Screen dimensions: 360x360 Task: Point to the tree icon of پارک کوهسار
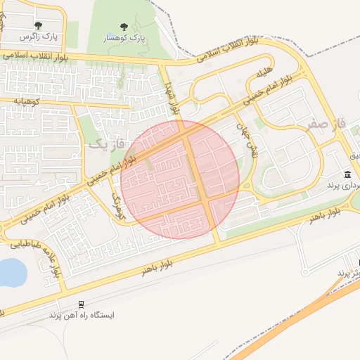pos(124,27)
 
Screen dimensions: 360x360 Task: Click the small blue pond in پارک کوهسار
pos(112,34)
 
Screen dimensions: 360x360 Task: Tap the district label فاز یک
pos(106,143)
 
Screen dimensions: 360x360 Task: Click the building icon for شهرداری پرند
pos(348,174)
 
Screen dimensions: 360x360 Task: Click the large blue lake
pos(10,272)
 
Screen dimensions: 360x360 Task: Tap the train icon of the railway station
pos(81,304)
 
